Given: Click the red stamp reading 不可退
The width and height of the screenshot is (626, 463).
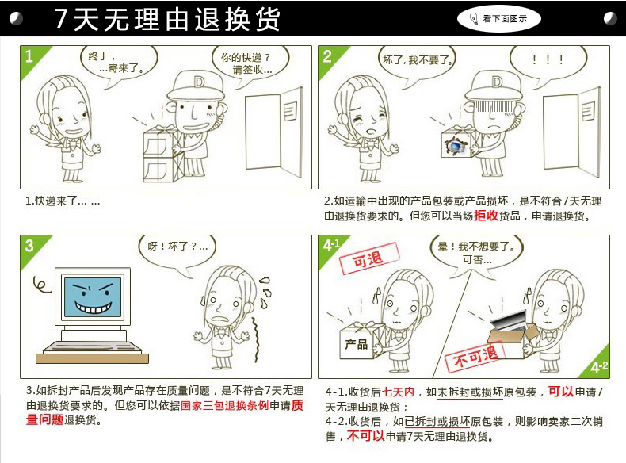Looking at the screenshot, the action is coord(475,357).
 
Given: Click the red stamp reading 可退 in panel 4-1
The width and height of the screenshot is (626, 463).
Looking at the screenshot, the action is coord(369,259).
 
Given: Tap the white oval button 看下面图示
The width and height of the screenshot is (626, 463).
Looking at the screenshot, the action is coord(498,19).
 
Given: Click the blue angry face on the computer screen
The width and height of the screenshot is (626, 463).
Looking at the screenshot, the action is coord(93,297).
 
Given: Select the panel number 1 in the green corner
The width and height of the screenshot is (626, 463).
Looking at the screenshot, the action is coord(29,56).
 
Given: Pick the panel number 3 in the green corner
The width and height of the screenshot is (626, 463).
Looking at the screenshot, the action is coord(29,245).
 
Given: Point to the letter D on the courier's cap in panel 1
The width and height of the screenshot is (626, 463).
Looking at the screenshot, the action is coord(199,82).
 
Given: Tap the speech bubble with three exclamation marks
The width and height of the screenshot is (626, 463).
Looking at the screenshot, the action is coord(548,60).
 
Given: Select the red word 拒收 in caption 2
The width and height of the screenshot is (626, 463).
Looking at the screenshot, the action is coord(487,216).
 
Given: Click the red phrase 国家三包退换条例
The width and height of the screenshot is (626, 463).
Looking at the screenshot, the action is coord(225,405).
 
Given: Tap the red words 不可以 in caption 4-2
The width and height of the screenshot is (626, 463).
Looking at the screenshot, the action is coord(366,436).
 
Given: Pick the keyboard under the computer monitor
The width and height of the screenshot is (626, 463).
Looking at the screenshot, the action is coord(92,347).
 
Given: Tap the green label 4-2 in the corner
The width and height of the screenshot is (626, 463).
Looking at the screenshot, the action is coord(600,367).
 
